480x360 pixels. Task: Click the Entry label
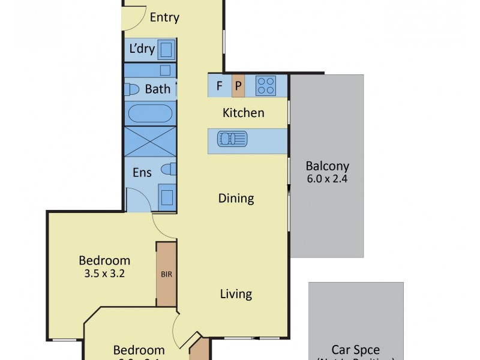pyautogui.click(x=164, y=17)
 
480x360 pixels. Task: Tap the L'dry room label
pyautogui.click(x=142, y=49)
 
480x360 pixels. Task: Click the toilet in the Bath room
pyautogui.click(x=129, y=89)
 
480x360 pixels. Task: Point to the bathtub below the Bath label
pyautogui.click(x=151, y=113)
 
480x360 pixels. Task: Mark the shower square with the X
pyautogui.click(x=151, y=142)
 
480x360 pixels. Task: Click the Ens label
pyautogui.click(x=142, y=173)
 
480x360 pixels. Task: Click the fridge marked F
pyautogui.click(x=220, y=86)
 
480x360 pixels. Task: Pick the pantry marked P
pyautogui.click(x=238, y=86)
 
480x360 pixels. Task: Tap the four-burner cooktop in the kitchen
pyautogui.click(x=265, y=86)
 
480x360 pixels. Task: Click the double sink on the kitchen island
pyautogui.click(x=232, y=140)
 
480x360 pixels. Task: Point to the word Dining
pyautogui.click(x=236, y=199)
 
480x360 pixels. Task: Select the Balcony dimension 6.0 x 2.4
pyautogui.click(x=327, y=179)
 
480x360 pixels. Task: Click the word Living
pyautogui.click(x=236, y=294)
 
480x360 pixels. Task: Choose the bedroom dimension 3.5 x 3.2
pyautogui.click(x=105, y=274)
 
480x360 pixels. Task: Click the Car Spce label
pyautogui.click(x=356, y=350)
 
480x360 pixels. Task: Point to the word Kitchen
pyautogui.click(x=243, y=113)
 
